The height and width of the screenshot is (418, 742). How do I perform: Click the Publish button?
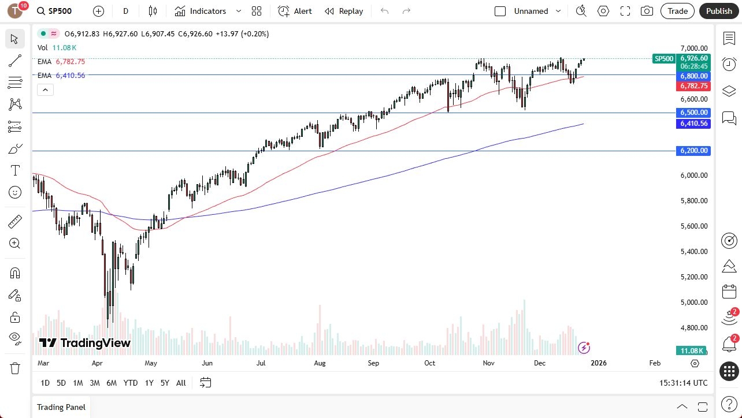(719, 11)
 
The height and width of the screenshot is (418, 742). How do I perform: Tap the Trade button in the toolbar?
(677, 11)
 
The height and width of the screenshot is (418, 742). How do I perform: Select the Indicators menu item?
(201, 11)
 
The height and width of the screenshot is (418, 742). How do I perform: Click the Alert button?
(295, 11)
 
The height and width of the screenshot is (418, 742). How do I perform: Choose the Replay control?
(344, 11)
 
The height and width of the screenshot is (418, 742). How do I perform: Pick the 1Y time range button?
(149, 383)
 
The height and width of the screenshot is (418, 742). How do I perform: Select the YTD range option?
(131, 383)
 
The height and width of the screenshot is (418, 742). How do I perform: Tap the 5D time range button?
(61, 383)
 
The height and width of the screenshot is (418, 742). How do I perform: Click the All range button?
(181, 383)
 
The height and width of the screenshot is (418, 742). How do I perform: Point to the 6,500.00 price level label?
(694, 113)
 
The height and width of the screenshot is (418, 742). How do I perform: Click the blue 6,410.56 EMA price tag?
(694, 124)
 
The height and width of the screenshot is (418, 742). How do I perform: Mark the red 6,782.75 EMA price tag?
(694, 86)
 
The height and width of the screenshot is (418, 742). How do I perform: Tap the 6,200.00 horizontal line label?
(694, 151)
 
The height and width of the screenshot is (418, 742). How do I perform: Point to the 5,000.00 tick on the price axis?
(693, 302)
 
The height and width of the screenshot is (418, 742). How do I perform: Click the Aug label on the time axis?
(320, 363)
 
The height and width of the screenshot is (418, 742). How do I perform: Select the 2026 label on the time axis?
(598, 363)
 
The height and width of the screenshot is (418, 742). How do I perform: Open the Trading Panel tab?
(61, 407)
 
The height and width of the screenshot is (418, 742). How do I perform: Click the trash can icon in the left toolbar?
(15, 368)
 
